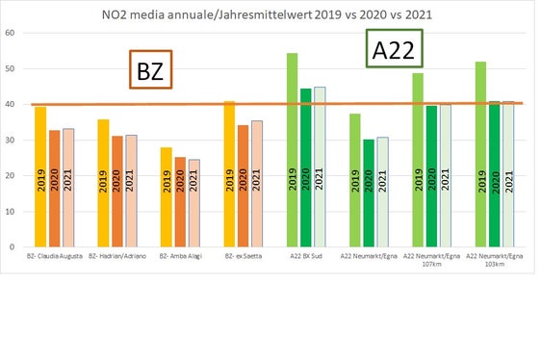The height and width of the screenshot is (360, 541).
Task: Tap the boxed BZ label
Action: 150,72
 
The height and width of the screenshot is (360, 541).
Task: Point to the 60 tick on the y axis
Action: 10,34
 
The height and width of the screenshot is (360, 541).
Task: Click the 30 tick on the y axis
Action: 10,141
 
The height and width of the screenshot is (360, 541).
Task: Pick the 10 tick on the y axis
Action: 10,212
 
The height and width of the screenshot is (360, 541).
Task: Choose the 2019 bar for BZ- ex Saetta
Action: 229,174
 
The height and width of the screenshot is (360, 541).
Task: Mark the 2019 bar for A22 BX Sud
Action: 293,150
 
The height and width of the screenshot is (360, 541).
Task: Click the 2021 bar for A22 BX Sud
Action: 319,167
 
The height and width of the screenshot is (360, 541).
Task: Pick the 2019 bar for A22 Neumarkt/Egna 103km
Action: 482,154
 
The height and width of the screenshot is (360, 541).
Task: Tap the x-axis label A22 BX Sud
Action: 306,257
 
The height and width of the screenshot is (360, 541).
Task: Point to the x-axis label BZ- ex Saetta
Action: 243,257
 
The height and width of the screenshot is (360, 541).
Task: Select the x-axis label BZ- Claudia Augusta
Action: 54,257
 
